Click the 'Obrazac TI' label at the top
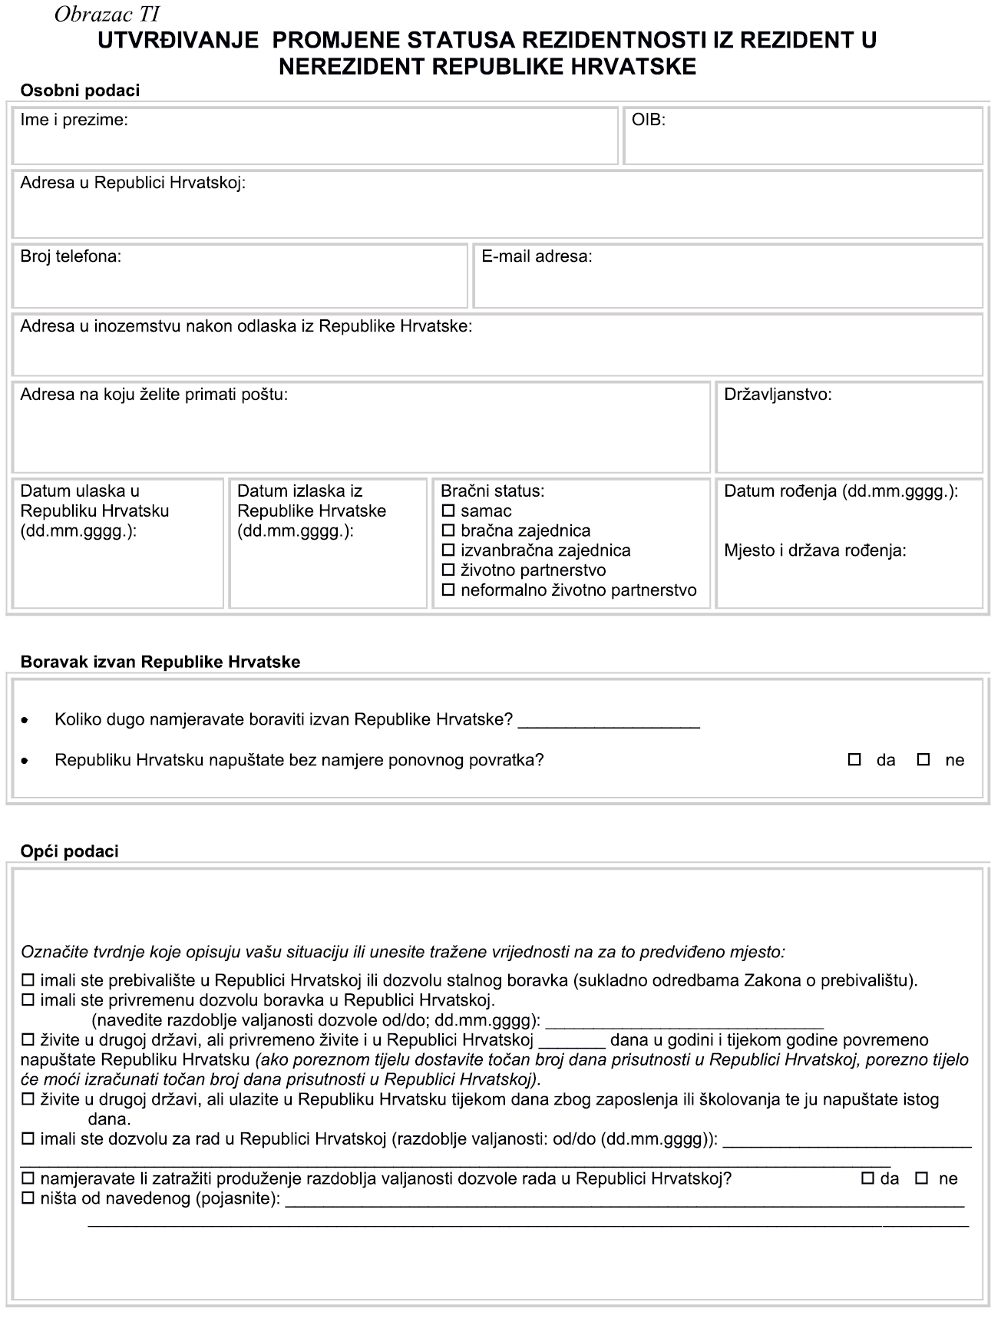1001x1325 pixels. pyautogui.click(x=107, y=15)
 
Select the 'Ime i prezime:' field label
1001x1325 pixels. pyautogui.click(x=74, y=120)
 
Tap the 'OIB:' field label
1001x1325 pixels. pyautogui.click(x=648, y=120)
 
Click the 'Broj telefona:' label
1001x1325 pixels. pyautogui.click(x=71, y=256)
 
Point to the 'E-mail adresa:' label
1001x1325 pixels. pyautogui.click(x=537, y=256)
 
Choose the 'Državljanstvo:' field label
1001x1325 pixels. pyautogui.click(x=778, y=395)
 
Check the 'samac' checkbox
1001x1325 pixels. pyautogui.click(x=448, y=511)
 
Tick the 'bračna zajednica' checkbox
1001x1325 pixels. pyautogui.click(x=448, y=531)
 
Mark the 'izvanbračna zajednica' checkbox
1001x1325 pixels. pyautogui.click(x=448, y=551)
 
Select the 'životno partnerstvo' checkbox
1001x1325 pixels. pyautogui.click(x=448, y=571)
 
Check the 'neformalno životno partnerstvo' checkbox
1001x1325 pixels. pyautogui.click(x=448, y=591)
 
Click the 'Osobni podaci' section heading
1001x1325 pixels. pyautogui.click(x=80, y=91)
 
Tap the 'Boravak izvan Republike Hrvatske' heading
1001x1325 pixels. pyautogui.click(x=160, y=662)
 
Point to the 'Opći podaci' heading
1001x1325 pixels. pyautogui.click(x=69, y=851)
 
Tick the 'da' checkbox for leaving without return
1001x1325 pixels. pyautogui.click(x=854, y=760)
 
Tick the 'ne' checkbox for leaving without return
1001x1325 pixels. pyautogui.click(x=924, y=760)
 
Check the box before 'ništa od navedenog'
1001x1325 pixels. pyautogui.click(x=28, y=1198)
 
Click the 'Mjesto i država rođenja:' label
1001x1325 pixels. pyautogui.click(x=815, y=550)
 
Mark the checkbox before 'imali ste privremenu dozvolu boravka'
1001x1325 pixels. pyautogui.click(x=28, y=1000)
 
